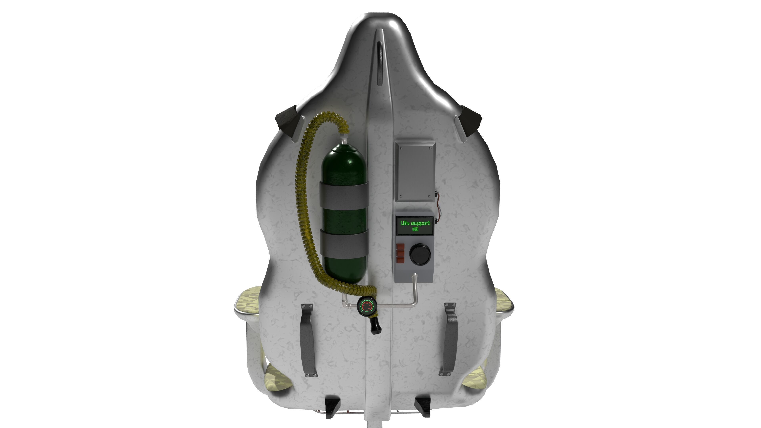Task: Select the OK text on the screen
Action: pyautogui.click(x=415, y=229)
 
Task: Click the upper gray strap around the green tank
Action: pyautogui.click(x=344, y=196)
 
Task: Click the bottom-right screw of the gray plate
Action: pyautogui.click(x=430, y=196)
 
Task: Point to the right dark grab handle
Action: pyautogui.click(x=450, y=339)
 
